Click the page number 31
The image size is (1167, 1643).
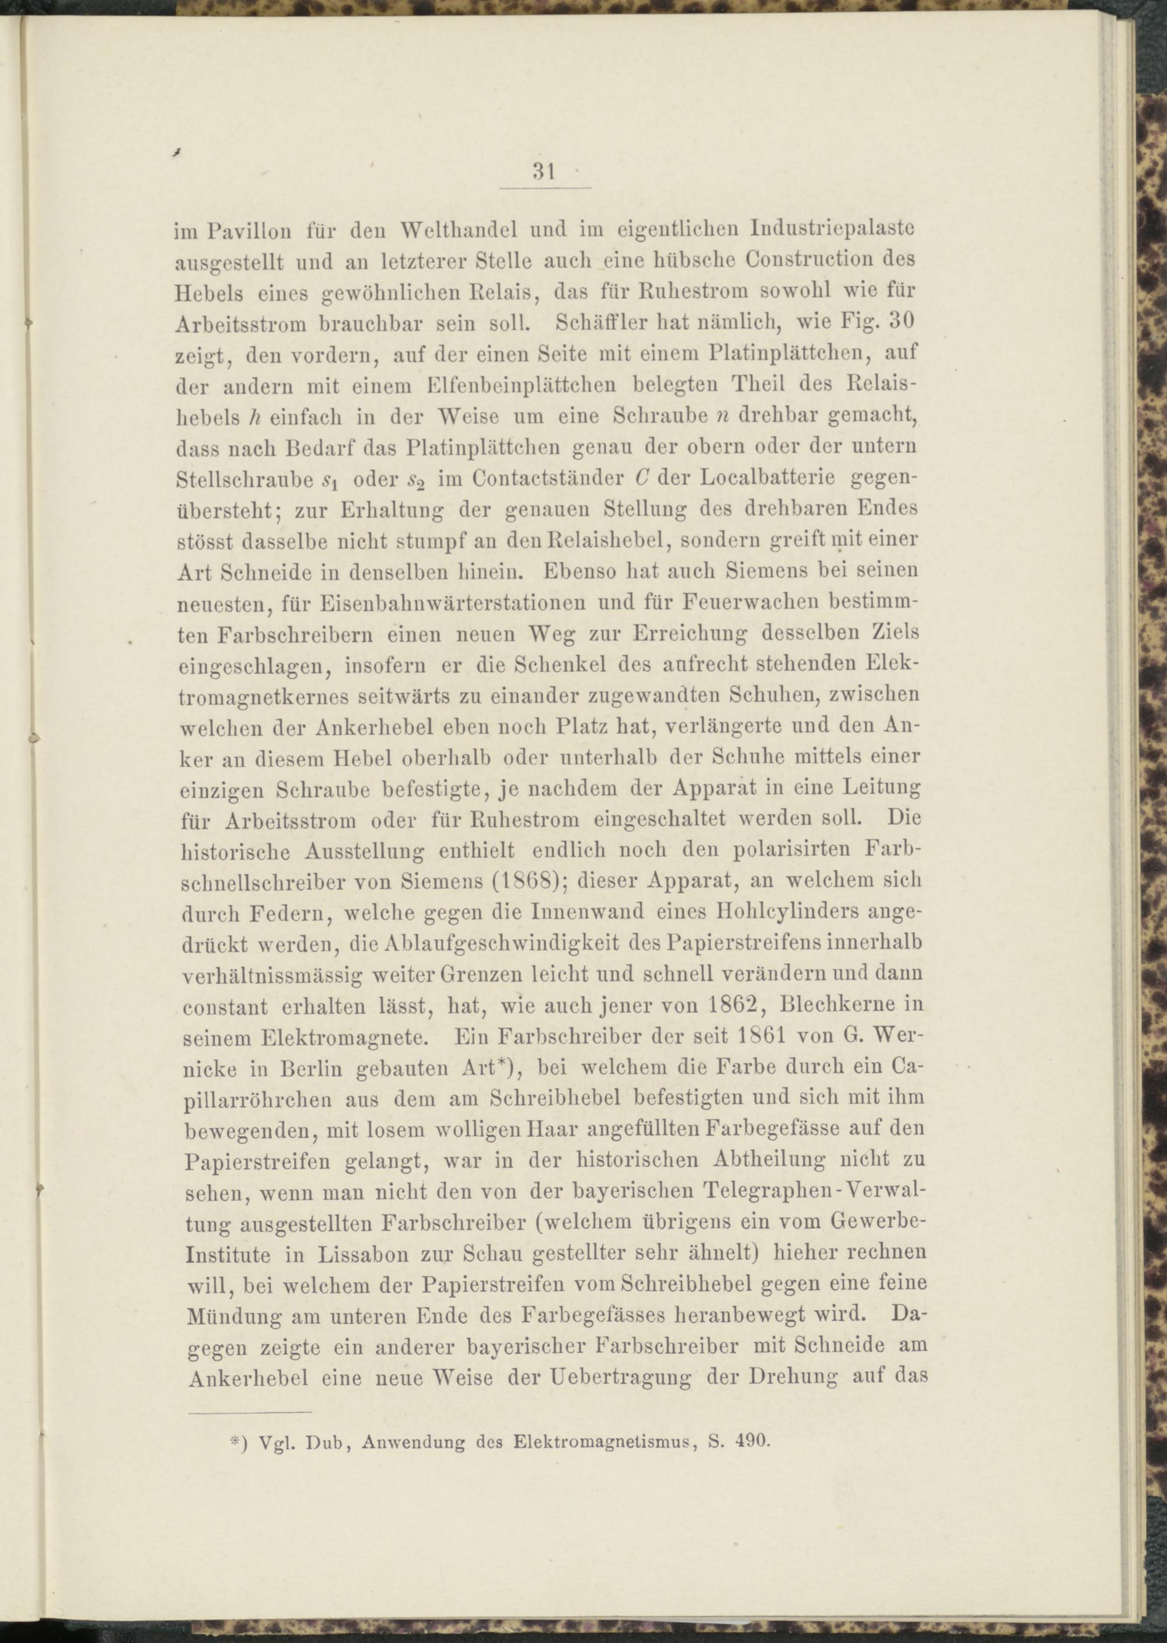(x=543, y=172)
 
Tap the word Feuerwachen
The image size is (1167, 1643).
(x=751, y=602)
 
